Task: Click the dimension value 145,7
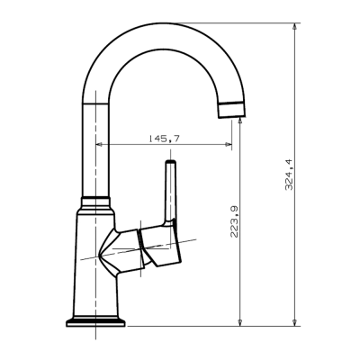162,138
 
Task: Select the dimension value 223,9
234,220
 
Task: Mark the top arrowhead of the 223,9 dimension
240,121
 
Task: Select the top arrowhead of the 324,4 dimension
295,28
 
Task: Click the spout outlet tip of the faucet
231,112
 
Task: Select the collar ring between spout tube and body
94,199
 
